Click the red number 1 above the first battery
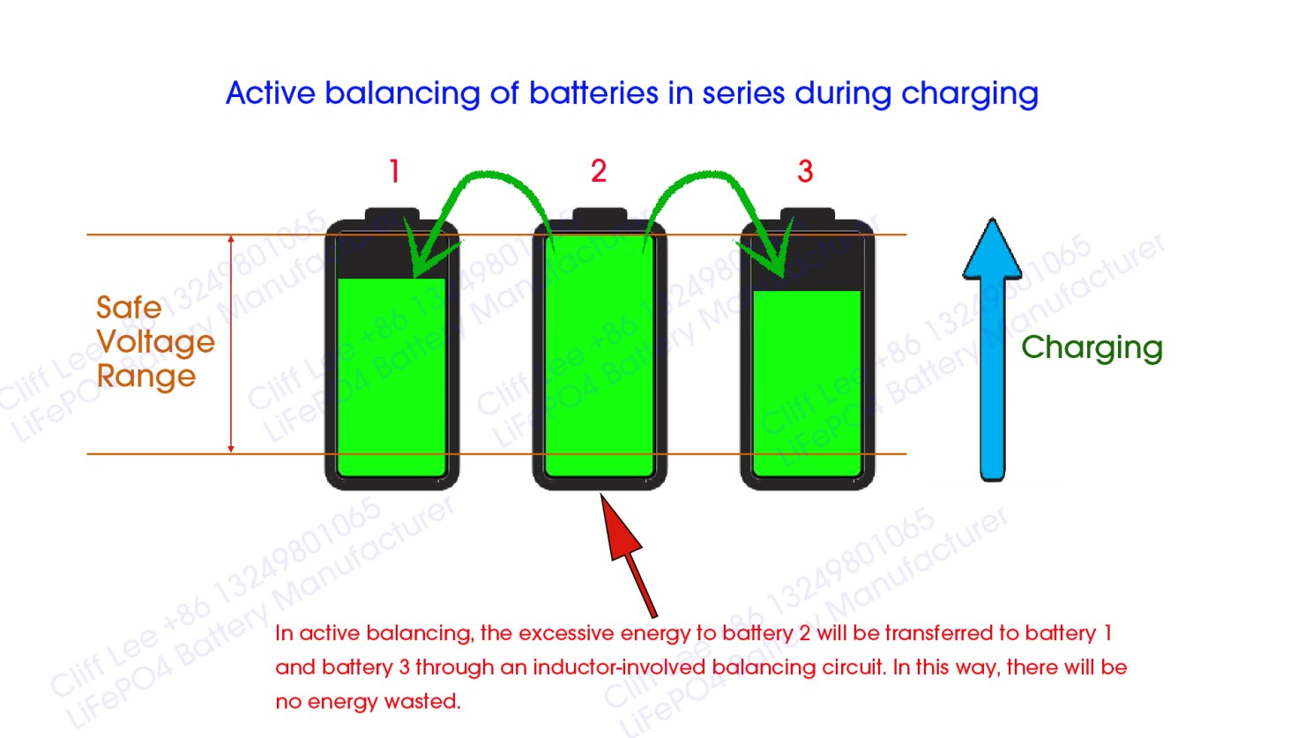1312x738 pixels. click(x=395, y=172)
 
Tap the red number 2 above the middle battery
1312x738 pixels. click(x=599, y=171)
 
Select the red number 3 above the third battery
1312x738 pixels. click(x=805, y=172)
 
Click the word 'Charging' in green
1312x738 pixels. click(x=1092, y=348)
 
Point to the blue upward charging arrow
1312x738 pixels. click(x=992, y=350)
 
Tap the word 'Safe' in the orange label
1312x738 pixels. click(x=129, y=308)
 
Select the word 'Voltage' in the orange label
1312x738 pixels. click(x=156, y=343)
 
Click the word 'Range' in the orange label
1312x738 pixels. click(x=146, y=376)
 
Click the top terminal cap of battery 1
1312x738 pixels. click(x=391, y=213)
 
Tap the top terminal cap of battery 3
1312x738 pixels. click(x=808, y=213)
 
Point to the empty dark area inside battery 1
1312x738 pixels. click(x=391, y=256)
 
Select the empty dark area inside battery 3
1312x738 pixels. click(x=807, y=263)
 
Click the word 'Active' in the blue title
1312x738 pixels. click(x=271, y=93)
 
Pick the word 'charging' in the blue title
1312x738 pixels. click(x=970, y=94)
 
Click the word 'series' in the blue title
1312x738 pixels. click(x=743, y=93)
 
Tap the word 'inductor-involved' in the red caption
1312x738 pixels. click(x=620, y=667)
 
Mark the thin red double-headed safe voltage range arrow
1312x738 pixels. click(x=231, y=345)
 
